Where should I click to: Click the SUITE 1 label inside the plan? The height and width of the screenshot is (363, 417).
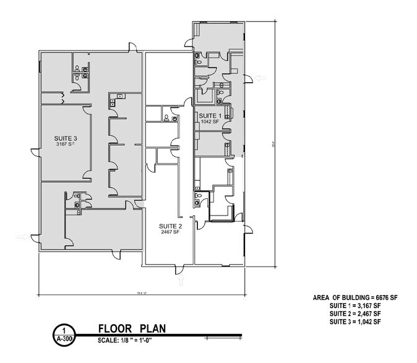pyautogui.click(x=209, y=115)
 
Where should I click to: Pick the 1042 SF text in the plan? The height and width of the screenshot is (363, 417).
pyautogui.click(x=209, y=122)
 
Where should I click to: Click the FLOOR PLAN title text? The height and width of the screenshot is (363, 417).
pyautogui.click(x=132, y=328)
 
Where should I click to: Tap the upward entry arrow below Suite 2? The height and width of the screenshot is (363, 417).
pyautogui.click(x=181, y=282)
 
